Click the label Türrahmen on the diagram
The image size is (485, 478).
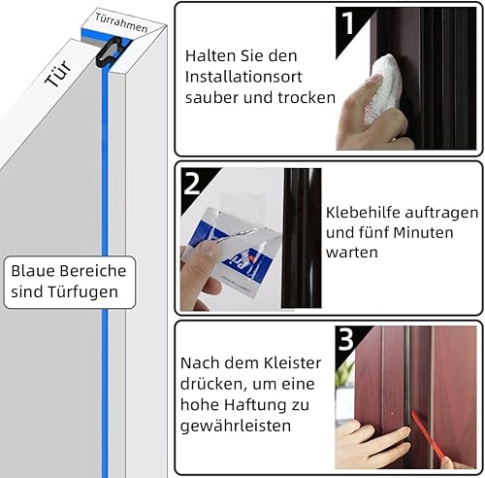121,22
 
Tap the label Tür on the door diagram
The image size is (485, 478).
58,74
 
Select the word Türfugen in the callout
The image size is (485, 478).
83,291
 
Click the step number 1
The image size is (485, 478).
347,22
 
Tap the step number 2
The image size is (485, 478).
192,183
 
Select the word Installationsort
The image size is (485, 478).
243,77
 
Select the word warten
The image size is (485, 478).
352,253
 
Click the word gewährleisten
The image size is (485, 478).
236,426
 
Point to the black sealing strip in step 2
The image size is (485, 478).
302,238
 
